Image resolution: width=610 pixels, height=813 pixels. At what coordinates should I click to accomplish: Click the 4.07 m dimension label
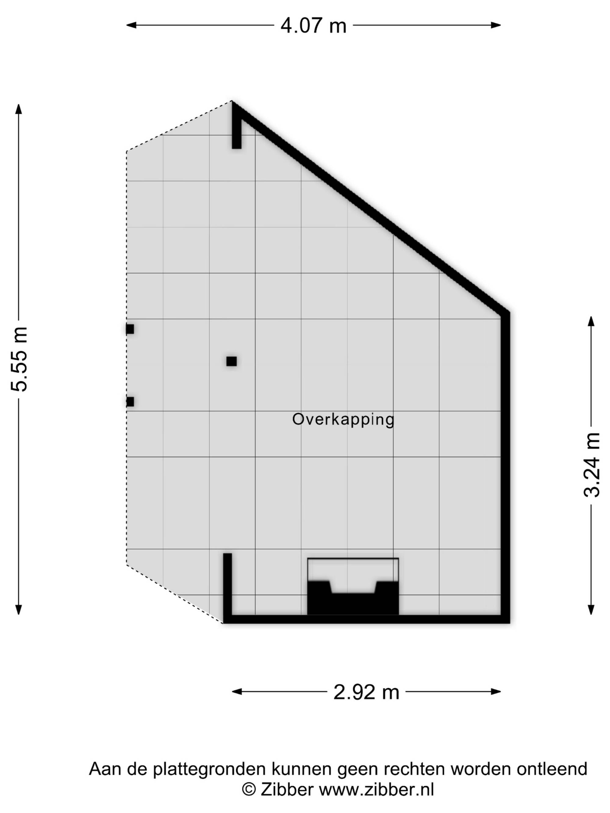click(x=313, y=26)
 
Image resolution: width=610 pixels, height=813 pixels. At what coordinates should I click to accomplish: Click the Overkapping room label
click(x=343, y=420)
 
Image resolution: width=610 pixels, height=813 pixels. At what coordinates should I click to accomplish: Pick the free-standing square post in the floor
click(x=231, y=361)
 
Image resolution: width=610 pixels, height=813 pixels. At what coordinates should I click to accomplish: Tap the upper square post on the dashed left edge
click(x=130, y=329)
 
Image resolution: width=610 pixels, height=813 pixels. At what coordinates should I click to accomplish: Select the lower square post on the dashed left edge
click(x=130, y=402)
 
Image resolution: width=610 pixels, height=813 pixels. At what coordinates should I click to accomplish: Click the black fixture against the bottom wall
click(x=353, y=597)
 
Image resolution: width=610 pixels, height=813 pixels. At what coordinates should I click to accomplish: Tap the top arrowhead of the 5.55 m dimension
click(x=18, y=109)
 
